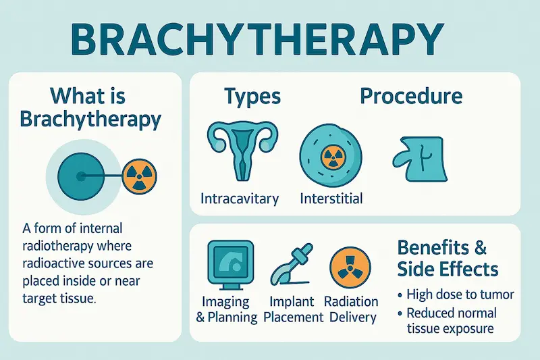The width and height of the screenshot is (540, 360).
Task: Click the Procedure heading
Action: click(410, 96)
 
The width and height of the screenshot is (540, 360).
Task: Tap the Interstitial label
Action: click(331, 199)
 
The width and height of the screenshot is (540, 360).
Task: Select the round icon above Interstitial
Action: click(330, 157)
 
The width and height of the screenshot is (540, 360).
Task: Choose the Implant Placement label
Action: click(290, 309)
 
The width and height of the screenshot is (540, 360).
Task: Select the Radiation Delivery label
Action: click(350, 309)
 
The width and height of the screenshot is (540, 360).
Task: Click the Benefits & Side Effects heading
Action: click(448, 257)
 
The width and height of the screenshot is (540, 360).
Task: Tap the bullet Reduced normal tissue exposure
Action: click(451, 321)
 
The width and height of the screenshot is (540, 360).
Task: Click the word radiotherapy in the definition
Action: click(55, 245)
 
